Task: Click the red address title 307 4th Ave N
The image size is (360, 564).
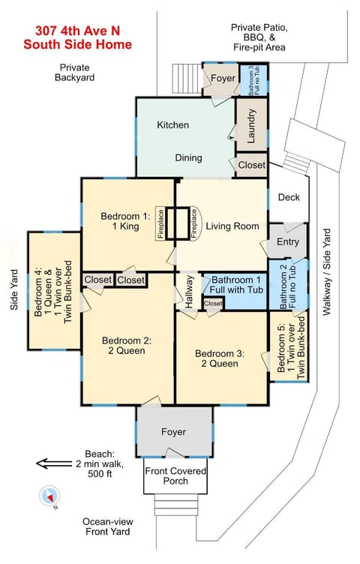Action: [x=77, y=31]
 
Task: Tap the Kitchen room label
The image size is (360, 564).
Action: [x=172, y=124]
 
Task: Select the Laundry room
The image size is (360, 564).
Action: [x=252, y=126]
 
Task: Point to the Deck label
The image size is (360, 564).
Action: [x=288, y=198]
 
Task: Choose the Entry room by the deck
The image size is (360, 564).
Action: [x=287, y=241]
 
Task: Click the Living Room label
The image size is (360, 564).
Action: [x=232, y=226]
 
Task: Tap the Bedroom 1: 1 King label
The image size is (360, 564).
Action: [x=125, y=222]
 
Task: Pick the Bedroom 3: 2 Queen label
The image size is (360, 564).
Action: [x=217, y=358]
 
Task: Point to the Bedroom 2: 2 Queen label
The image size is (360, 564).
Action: [x=126, y=345]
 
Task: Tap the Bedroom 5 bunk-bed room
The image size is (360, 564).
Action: [x=288, y=347]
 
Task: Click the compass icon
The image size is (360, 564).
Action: [x=49, y=496]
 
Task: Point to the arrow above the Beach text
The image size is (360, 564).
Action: [x=53, y=463]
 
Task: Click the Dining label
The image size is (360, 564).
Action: [x=188, y=157]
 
